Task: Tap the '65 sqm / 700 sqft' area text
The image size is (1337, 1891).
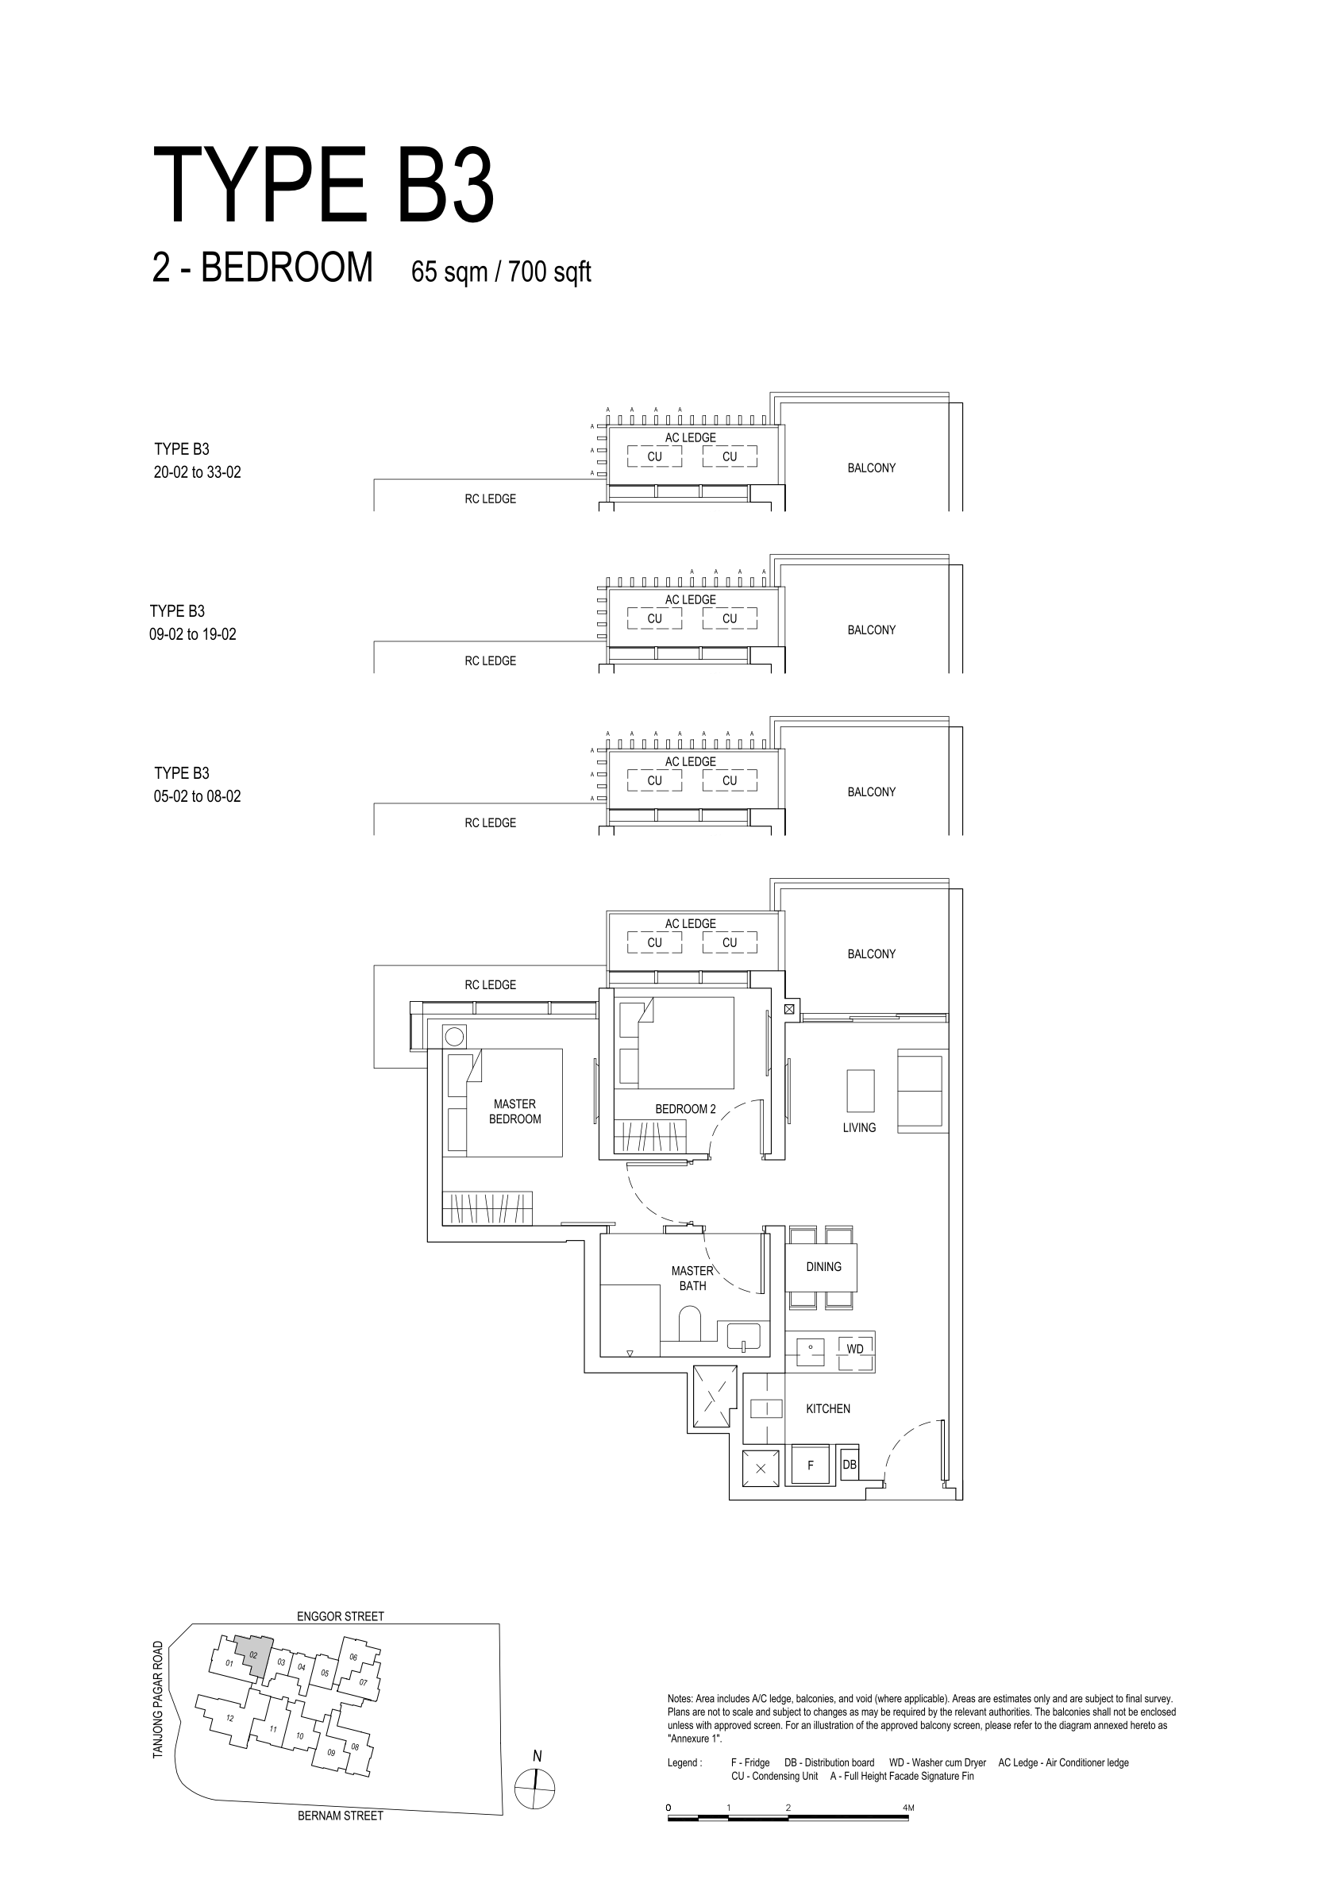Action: (501, 271)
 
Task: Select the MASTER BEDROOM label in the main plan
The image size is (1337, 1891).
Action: (514, 1111)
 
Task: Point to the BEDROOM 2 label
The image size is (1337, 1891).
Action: (685, 1108)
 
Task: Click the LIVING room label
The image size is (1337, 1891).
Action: (859, 1127)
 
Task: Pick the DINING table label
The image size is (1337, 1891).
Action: (824, 1267)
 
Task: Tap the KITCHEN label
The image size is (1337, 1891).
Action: (828, 1408)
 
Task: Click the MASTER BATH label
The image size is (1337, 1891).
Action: (693, 1278)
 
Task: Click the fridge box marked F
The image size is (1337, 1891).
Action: (810, 1466)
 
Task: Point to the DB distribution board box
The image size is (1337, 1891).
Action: (850, 1465)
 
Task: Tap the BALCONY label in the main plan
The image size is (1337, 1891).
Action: (872, 953)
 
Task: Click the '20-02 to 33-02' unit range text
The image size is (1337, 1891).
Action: (198, 473)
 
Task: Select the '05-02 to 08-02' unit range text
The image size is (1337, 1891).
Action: (198, 796)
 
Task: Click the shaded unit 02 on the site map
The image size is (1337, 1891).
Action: (254, 1654)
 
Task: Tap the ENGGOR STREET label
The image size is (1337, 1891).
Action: (341, 1616)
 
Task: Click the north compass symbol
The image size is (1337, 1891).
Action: (535, 1788)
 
